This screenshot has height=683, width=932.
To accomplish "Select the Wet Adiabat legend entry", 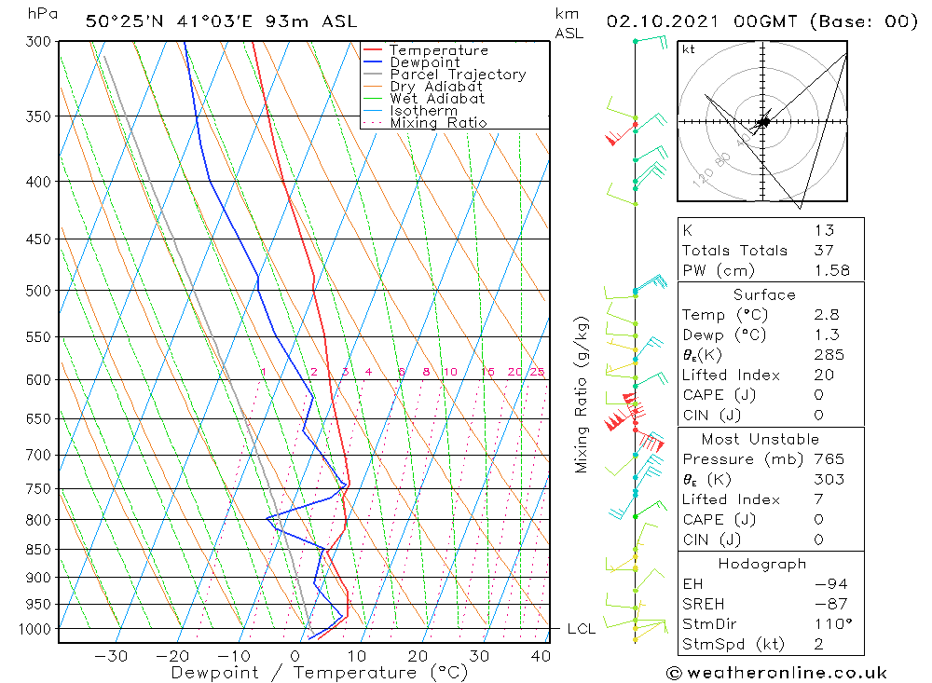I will coord(437,99).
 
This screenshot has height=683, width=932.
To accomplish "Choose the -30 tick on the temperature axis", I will coord(111,656).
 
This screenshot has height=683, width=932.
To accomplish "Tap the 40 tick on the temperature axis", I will coord(540,656).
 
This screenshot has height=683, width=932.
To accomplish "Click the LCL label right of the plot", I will coord(582,630).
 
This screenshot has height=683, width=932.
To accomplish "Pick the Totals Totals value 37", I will coord(823,250).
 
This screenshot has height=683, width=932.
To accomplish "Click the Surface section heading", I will coord(764,294).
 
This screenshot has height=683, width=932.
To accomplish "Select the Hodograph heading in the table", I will coord(762,564).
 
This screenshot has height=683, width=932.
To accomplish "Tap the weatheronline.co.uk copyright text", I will coord(776,673).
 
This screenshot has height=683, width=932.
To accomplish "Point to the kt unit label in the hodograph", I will coord(689,49).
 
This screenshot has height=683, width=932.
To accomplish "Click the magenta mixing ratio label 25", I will coord(537,373).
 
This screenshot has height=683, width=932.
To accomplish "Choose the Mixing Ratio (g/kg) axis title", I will coord(582,395).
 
